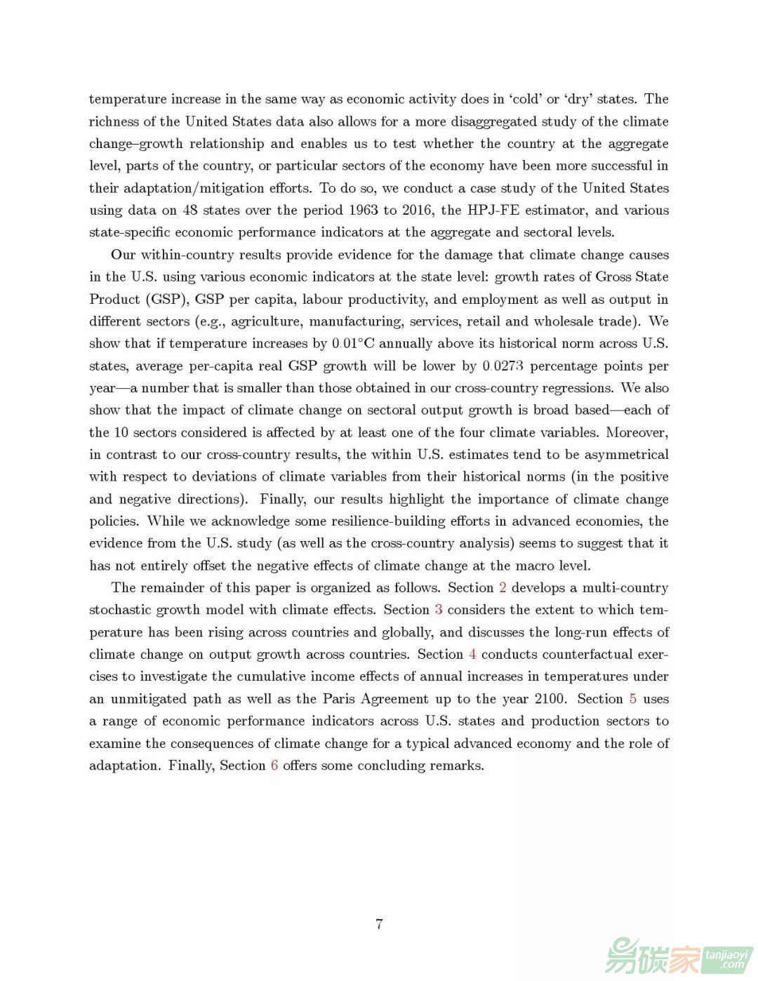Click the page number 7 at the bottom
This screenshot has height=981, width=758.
tap(379, 923)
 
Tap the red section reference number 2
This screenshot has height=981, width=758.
tap(503, 587)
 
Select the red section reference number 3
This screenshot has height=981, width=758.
tap(439, 610)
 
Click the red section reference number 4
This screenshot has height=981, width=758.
tap(472, 654)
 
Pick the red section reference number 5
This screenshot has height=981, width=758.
tap(633, 699)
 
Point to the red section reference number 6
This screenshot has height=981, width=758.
tap(274, 766)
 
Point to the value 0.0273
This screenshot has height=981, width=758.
tap(503, 366)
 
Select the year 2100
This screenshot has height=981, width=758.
tap(550, 699)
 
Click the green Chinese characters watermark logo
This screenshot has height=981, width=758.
tap(653, 955)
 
